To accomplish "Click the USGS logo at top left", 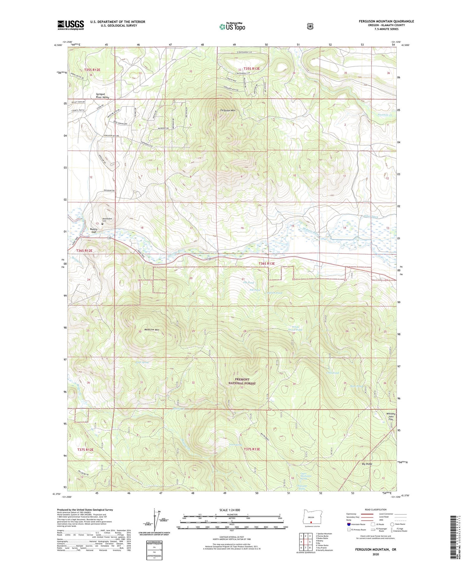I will (71, 25).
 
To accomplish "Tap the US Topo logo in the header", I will (232, 27).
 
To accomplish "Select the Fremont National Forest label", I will (242, 381).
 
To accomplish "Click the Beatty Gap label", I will (93, 230).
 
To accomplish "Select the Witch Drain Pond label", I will (295, 328).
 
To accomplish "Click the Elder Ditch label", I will (371, 217).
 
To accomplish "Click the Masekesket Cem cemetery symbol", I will (102, 224).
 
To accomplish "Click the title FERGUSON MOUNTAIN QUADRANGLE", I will (386, 21).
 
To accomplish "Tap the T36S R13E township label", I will (266, 263).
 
